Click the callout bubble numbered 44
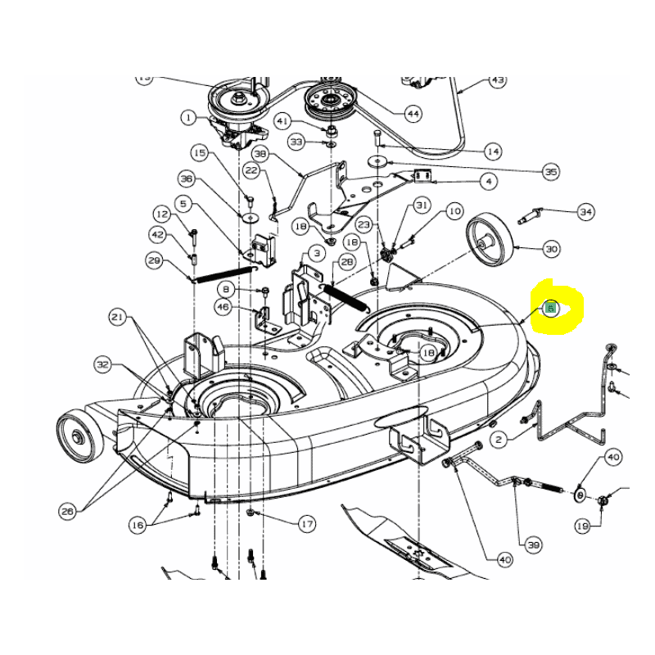click(x=413, y=114)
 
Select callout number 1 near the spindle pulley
click(x=189, y=118)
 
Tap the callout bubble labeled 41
click(x=282, y=121)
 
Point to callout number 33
click(x=296, y=142)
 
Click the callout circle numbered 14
click(x=493, y=151)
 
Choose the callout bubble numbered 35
click(x=551, y=172)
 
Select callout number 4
click(x=489, y=181)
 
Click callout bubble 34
click(x=585, y=212)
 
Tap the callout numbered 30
click(x=551, y=248)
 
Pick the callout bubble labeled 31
click(x=422, y=205)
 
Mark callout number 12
click(x=161, y=215)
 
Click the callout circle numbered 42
click(x=157, y=234)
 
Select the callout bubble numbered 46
click(x=223, y=307)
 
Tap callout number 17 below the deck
click(x=306, y=524)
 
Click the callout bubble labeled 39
click(x=534, y=544)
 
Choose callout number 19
click(x=582, y=526)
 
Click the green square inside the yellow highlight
click(x=551, y=309)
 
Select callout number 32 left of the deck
click(x=102, y=364)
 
